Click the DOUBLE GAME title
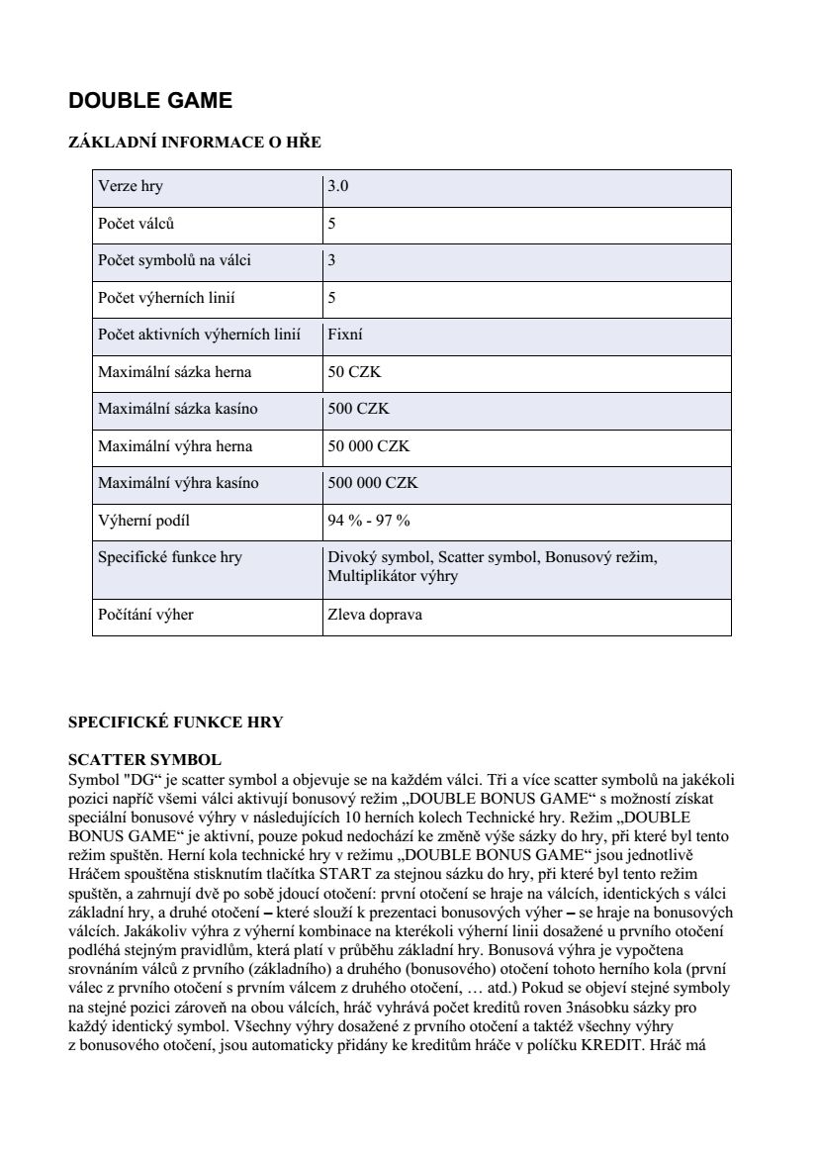click(150, 101)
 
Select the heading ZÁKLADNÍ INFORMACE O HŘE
click(194, 143)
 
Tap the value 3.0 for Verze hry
click(338, 186)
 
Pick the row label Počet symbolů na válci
click(174, 260)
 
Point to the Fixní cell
click(345, 335)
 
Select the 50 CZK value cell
click(354, 372)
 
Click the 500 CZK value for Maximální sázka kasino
click(358, 409)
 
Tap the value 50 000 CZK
click(368, 446)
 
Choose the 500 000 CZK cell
click(373, 483)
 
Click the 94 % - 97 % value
click(368, 521)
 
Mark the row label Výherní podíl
click(143, 521)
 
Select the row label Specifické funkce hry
click(170, 557)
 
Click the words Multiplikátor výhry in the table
click(393, 576)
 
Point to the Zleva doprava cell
click(375, 615)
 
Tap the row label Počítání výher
click(145, 615)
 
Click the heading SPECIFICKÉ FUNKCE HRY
click(175, 723)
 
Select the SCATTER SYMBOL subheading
click(144, 760)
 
